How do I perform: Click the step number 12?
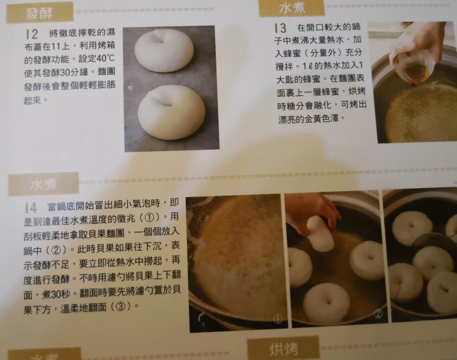click(32, 34)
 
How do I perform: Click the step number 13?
click(281, 28)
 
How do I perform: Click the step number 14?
click(31, 208)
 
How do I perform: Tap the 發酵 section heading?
click(39, 13)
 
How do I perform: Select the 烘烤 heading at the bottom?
click(283, 349)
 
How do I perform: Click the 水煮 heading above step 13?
click(292, 8)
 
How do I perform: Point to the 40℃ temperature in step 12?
click(105, 58)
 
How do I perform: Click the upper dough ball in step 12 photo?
click(164, 50)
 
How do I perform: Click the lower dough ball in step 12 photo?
click(172, 113)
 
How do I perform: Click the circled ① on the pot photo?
click(278, 319)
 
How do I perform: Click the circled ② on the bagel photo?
click(378, 313)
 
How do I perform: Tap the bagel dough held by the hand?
click(319, 234)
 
